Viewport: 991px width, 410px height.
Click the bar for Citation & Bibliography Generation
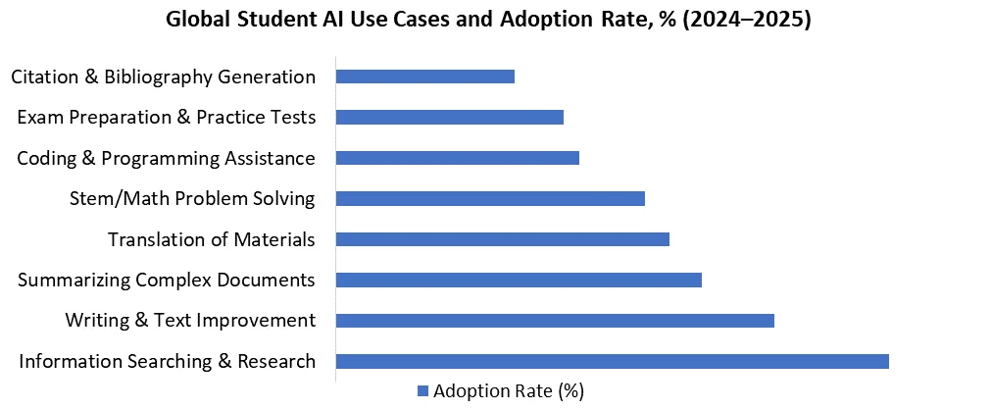point(424,77)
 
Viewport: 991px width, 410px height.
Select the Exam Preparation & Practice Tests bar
point(449,118)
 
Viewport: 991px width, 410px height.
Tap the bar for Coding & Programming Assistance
point(457,158)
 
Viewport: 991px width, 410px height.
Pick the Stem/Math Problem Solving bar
point(490,198)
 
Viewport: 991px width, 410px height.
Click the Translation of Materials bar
point(502,239)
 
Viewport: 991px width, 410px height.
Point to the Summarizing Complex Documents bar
point(519,280)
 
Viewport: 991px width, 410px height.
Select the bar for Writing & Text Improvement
point(555,321)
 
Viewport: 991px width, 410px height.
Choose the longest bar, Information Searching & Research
point(612,361)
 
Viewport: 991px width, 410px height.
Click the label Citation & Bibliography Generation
point(163,77)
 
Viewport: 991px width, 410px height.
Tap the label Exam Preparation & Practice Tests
point(166,118)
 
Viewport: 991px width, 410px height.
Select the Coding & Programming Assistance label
point(166,158)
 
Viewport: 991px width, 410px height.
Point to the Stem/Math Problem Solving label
point(192,199)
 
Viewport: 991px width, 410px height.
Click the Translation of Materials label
point(211,239)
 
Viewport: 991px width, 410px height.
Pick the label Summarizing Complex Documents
point(166,281)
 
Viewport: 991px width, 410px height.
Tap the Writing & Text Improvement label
point(190,321)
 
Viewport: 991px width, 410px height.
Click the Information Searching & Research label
point(167,361)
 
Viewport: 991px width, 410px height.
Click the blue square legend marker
point(422,391)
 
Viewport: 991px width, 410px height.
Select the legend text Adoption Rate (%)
point(509,391)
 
